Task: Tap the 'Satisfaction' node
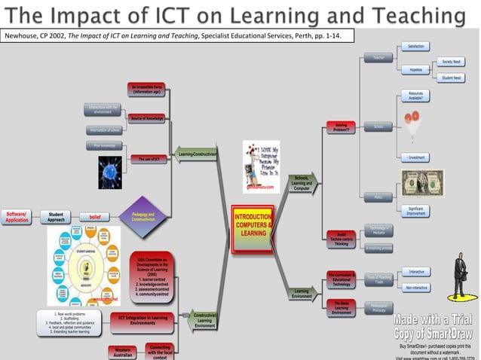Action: [415, 46]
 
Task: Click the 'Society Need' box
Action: [452, 62]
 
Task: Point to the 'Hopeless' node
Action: [415, 70]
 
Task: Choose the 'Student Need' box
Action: [452, 78]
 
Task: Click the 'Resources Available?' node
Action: [415, 96]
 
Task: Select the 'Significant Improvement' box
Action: [415, 211]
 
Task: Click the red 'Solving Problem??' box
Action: [341, 127]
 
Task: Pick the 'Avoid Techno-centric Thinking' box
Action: [341, 239]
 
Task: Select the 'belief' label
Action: [95, 217]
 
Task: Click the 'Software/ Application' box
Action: [17, 217]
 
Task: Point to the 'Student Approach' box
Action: [57, 217]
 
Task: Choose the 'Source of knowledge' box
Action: [146, 118]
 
